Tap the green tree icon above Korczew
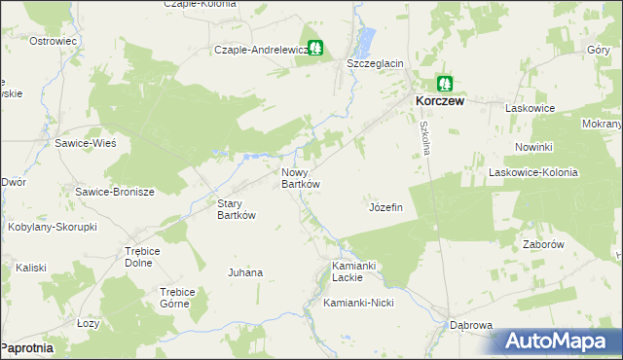445,83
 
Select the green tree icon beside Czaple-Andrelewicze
315,48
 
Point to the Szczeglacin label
376,63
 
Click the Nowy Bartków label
301,177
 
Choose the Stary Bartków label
236,209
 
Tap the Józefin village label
386,208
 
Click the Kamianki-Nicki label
357,303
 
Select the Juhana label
245,272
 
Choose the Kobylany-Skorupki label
61,226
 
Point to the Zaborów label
544,245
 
